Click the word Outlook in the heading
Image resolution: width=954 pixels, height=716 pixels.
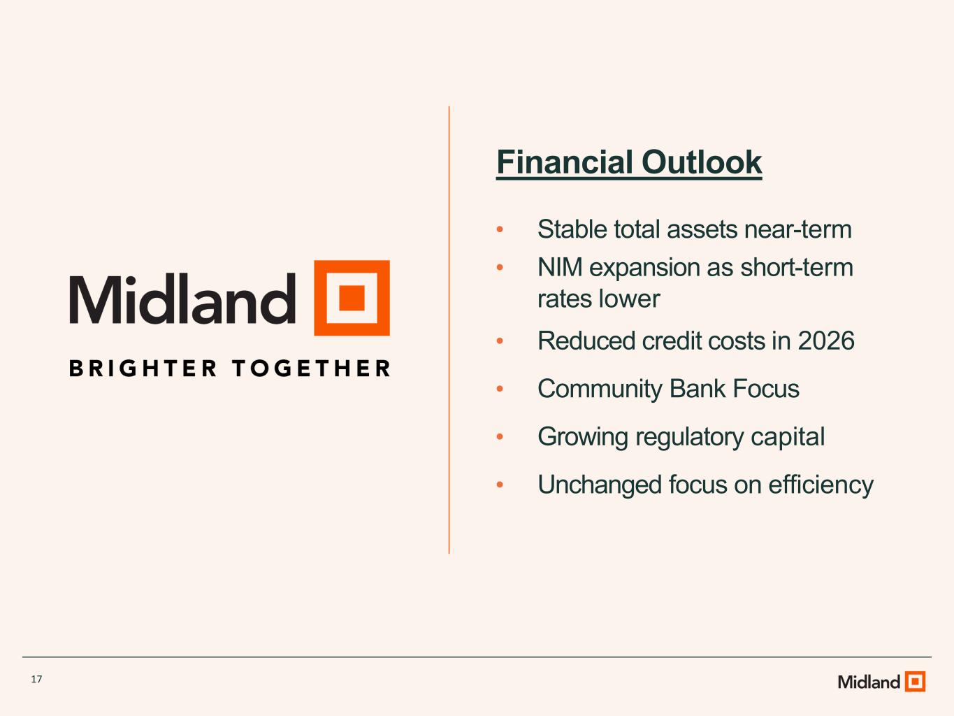click(702, 162)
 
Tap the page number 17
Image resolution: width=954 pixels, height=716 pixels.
click(36, 679)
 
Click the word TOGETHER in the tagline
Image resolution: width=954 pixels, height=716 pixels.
click(311, 368)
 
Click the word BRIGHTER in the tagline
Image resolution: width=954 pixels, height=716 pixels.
click(143, 368)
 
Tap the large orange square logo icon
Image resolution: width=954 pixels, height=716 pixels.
click(352, 298)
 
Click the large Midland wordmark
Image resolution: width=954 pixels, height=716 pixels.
click(182, 299)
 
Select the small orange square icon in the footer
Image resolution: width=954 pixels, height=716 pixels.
click(916, 681)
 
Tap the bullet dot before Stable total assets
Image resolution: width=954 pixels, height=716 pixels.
click(500, 229)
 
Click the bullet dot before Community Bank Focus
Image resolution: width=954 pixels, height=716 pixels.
click(500, 388)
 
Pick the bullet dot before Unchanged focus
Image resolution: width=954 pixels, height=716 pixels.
click(500, 485)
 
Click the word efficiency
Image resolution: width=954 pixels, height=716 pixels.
click(821, 485)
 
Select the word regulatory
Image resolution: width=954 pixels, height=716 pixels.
click(690, 437)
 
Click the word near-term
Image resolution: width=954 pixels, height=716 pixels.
click(798, 230)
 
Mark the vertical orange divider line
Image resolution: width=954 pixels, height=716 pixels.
click(449, 330)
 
